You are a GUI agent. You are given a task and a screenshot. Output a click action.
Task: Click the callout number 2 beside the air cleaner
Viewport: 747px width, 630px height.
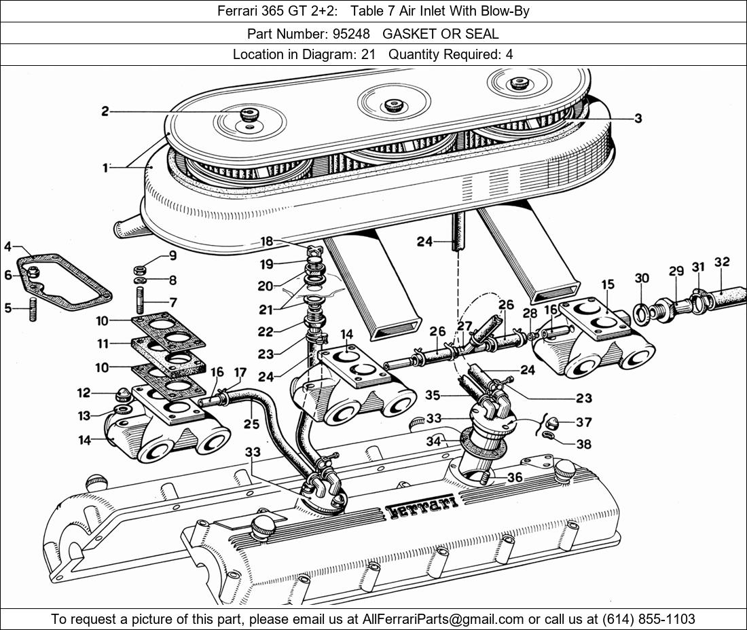105,111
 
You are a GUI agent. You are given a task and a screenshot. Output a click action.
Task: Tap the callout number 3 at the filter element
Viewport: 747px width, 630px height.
638,118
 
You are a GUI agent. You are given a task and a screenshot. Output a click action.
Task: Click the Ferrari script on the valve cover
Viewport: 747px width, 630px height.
421,506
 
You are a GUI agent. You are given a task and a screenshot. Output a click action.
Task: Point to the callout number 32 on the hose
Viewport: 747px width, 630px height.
722,262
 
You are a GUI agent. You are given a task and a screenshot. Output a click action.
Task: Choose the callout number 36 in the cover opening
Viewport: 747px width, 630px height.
515,477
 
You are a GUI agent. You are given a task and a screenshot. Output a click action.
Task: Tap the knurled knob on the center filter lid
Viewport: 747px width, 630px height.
392,105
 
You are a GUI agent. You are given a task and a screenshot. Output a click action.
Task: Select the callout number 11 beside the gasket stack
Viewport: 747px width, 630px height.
103,344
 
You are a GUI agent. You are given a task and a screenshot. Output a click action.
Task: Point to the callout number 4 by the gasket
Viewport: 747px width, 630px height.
7,246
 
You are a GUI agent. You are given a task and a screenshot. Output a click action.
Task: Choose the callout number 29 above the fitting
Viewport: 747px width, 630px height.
676,271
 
